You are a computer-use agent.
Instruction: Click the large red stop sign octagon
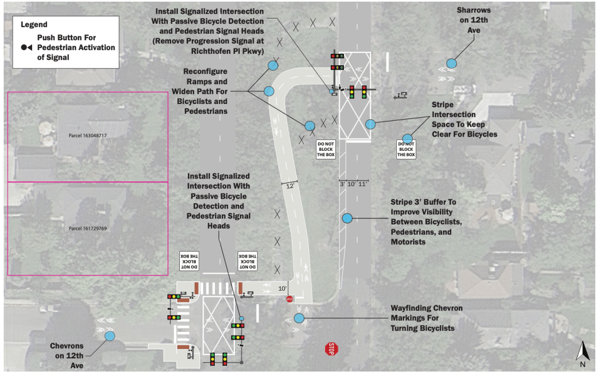pos(331,349)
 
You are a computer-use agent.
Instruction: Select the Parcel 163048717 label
pos(88,136)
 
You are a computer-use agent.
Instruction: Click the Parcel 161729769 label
pos(88,229)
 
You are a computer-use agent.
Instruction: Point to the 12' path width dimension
pos(291,186)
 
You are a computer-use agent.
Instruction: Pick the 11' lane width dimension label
pos(362,184)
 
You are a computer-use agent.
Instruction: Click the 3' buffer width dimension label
pos(342,184)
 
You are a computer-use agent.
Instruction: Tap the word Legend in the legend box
pos(34,24)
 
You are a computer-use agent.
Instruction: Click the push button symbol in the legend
pos(26,47)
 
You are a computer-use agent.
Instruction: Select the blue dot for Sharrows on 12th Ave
pos(451,63)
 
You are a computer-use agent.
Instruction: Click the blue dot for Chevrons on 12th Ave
pos(110,336)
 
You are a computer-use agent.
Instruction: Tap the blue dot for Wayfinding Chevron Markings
pos(299,318)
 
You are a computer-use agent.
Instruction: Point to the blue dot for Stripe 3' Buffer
pos(347,218)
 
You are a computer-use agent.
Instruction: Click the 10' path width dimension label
pos(282,289)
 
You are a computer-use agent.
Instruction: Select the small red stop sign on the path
pos(289,299)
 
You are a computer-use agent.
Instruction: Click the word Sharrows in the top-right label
pos(474,10)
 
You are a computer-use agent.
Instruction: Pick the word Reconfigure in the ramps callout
pos(205,71)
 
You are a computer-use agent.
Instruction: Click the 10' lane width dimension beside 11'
pos(352,184)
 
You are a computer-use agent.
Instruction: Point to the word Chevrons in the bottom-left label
pos(66,346)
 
